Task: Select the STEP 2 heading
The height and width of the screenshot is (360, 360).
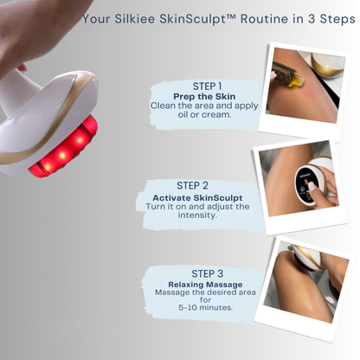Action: click(192, 184)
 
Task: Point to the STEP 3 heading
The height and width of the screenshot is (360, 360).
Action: click(206, 274)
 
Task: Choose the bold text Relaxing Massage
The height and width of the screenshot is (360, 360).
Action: click(205, 285)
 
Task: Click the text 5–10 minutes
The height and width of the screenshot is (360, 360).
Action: click(205, 307)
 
